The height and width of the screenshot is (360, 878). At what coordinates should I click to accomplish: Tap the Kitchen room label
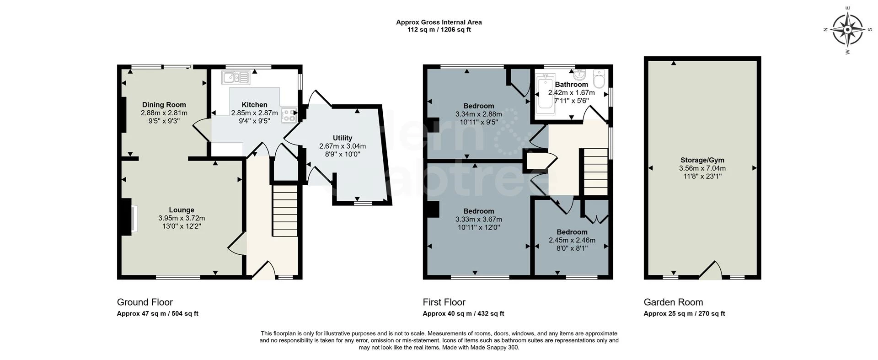click(x=254, y=105)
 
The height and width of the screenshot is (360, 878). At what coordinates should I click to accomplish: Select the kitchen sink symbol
click(x=236, y=77)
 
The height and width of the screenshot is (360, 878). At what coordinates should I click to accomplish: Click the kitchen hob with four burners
click(x=289, y=115)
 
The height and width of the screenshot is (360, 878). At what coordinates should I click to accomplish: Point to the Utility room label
click(x=342, y=138)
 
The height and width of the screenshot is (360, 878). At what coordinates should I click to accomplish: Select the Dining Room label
click(x=164, y=105)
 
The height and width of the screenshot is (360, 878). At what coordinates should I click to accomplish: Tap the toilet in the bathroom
click(x=599, y=80)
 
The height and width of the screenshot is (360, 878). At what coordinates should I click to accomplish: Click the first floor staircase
click(x=595, y=171)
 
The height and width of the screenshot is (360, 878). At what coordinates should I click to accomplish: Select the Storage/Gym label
click(x=702, y=160)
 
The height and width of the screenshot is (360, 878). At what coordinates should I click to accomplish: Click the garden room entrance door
click(x=710, y=271)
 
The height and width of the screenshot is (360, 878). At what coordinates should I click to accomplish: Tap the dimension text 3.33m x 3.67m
click(x=478, y=219)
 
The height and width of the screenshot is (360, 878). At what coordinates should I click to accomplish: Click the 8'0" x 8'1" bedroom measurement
click(x=572, y=248)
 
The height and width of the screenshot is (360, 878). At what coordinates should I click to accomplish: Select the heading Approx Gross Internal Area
click(x=439, y=22)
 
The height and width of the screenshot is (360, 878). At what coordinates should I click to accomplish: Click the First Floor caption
click(x=444, y=302)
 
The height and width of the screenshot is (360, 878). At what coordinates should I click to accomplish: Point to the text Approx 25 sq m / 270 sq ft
click(x=684, y=314)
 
